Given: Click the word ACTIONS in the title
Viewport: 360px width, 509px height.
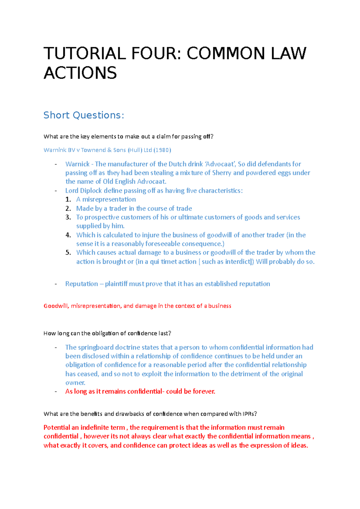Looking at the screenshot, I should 80,73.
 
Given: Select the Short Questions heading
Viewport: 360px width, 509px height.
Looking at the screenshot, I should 84,115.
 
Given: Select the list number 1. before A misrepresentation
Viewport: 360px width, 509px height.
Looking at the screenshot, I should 68,199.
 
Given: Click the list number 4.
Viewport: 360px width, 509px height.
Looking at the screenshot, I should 68,235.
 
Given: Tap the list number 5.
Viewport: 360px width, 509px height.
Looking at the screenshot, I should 68,252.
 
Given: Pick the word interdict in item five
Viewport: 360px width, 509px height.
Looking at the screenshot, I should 238,261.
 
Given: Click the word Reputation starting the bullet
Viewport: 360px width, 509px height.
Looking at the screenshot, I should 82,284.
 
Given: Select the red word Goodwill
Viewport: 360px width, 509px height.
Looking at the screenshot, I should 56,306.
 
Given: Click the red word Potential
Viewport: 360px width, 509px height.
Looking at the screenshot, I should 57,427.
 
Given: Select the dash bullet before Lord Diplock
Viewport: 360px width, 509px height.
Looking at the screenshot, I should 55,191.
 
